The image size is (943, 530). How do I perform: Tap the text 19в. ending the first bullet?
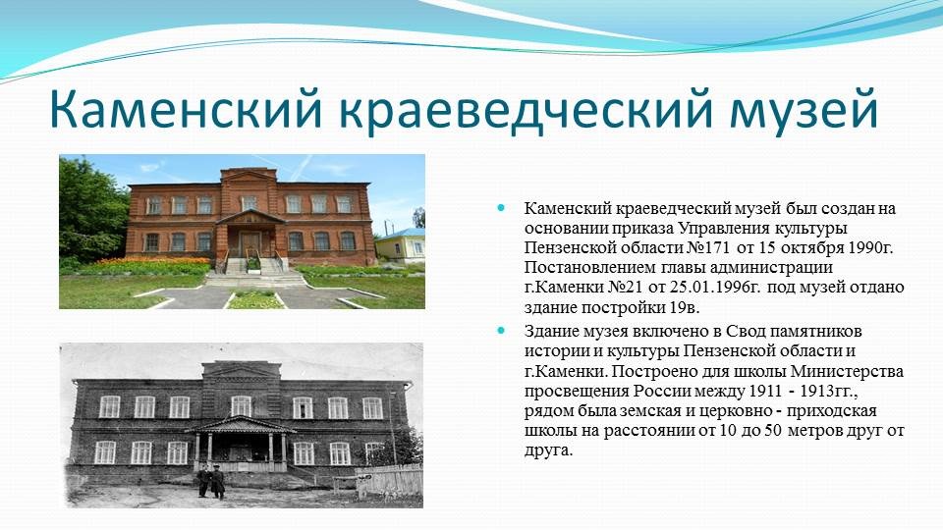(685, 307)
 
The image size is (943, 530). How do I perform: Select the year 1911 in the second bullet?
(765, 391)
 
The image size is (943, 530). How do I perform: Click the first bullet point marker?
(502, 208)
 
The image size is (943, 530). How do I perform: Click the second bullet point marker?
(502, 331)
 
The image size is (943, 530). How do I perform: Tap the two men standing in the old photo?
(211, 481)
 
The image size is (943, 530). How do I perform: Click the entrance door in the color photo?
(250, 244)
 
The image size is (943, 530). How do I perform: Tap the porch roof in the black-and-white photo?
(240, 424)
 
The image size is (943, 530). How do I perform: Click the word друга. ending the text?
(548, 450)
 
